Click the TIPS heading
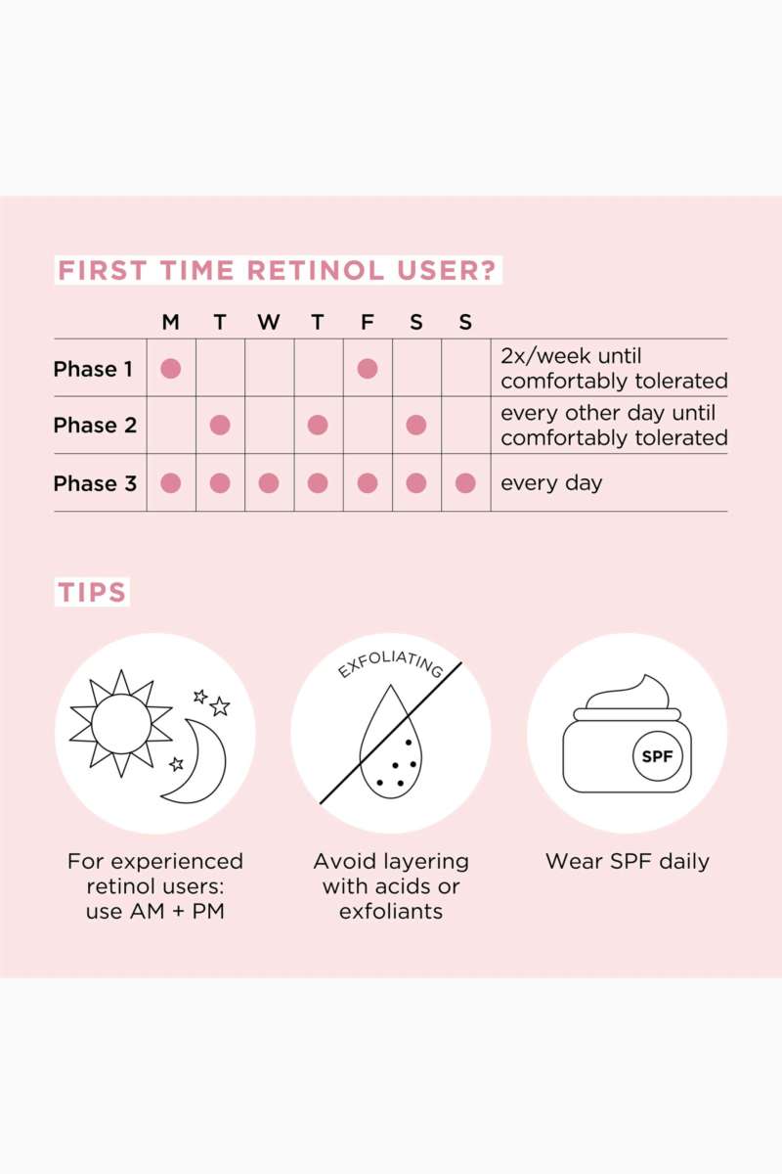pos(92,592)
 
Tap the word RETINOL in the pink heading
pos(316,270)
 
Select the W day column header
pos(269,322)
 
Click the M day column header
pos(171,322)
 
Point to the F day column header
pos(368,322)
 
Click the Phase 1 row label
pos(93,369)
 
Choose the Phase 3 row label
pos(95,483)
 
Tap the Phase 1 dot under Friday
pos(368,369)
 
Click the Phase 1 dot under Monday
pos(171,369)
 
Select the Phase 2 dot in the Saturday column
pos(416,425)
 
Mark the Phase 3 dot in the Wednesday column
pos(269,483)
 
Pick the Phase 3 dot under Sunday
pos(465,483)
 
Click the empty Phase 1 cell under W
pos(269,368)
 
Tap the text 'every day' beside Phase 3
pos(551,483)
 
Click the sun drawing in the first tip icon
pos(121,724)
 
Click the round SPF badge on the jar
pos(657,756)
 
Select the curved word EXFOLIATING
pos(390,664)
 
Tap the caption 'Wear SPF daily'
pos(628,861)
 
